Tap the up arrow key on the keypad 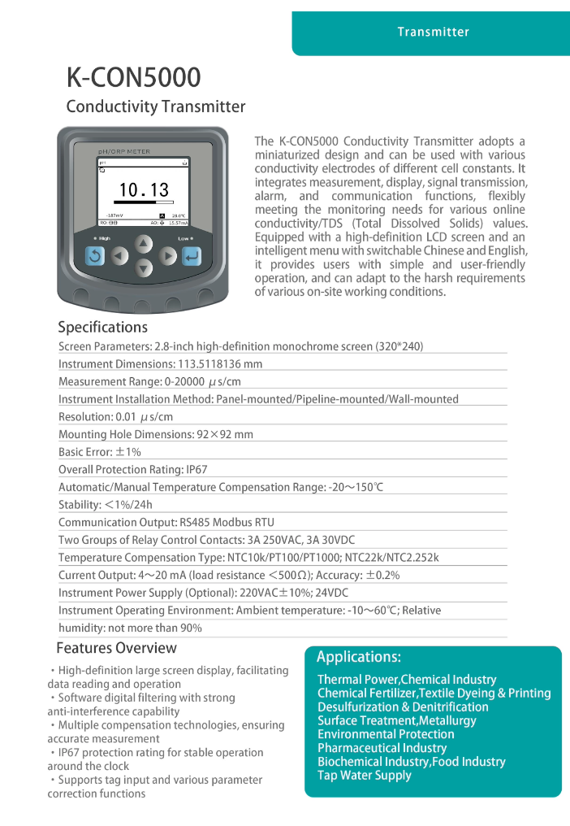click(x=143, y=243)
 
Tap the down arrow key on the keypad click(x=143, y=269)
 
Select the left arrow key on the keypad click(x=119, y=257)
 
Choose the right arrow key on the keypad click(x=167, y=257)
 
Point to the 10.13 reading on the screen click(x=144, y=190)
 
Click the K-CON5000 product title click(x=133, y=77)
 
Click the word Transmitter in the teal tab click(x=433, y=32)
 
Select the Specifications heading click(x=102, y=327)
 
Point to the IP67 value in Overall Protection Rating click(x=197, y=469)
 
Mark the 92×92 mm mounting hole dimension click(x=225, y=434)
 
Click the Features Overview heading click(x=116, y=648)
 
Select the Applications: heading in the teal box click(x=358, y=657)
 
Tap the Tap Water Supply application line click(x=364, y=776)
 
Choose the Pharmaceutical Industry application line click(x=382, y=748)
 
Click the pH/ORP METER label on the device click(x=123, y=151)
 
